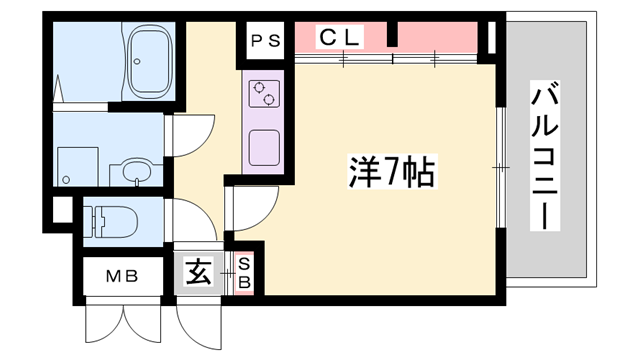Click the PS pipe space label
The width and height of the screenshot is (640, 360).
(265, 41)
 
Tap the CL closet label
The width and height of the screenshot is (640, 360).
(339, 37)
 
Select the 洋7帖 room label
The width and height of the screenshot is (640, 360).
(392, 171)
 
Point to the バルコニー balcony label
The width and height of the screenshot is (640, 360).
(544, 156)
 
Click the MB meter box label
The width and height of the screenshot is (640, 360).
(122, 277)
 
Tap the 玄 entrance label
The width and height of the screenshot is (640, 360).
(199, 272)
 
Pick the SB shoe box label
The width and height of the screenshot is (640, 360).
(244, 274)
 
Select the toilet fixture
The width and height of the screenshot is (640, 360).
(110, 222)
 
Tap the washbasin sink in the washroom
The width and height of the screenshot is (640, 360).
(137, 171)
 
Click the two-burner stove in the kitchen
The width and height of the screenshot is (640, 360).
(264, 94)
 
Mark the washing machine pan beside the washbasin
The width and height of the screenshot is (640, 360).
(78, 167)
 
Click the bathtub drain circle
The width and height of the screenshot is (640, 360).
(137, 62)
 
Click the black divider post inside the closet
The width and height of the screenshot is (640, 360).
(392, 34)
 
